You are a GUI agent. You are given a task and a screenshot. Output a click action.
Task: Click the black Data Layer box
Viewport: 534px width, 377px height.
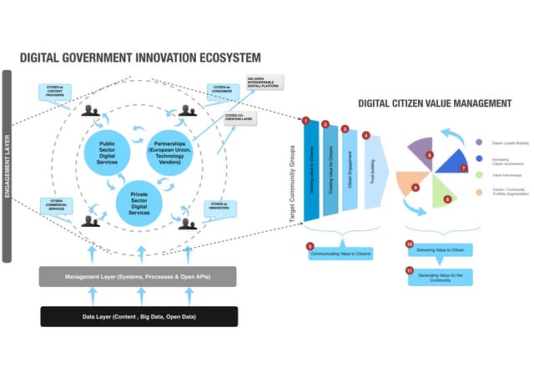139,316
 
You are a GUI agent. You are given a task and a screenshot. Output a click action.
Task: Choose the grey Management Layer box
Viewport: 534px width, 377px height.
138,276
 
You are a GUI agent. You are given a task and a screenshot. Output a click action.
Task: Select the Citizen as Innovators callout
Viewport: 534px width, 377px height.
220,205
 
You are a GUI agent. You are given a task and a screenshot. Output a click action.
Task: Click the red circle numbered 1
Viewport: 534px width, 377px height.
306,121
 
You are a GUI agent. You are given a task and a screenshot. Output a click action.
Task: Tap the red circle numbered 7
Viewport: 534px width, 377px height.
463,168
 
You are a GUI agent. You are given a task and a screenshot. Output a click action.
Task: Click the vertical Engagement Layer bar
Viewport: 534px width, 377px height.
7,167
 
